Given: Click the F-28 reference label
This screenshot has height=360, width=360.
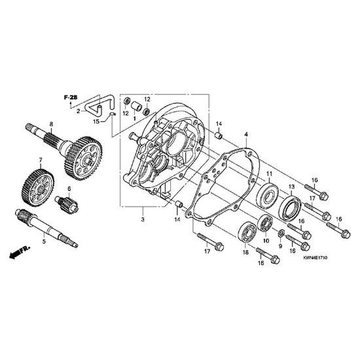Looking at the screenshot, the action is (x=71, y=98).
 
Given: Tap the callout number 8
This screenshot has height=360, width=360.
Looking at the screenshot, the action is (x=51, y=124).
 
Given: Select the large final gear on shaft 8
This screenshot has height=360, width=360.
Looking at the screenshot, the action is (x=84, y=158).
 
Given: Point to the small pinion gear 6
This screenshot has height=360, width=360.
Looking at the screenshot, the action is (x=67, y=204).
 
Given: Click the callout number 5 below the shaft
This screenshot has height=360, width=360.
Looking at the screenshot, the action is (x=44, y=242).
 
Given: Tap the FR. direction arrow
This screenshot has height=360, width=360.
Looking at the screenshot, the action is (x=20, y=252).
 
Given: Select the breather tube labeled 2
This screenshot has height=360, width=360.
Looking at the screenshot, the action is (x=99, y=105).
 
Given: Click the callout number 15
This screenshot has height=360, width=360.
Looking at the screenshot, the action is (x=96, y=121).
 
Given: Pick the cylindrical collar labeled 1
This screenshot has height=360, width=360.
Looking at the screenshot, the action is (x=137, y=107).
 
